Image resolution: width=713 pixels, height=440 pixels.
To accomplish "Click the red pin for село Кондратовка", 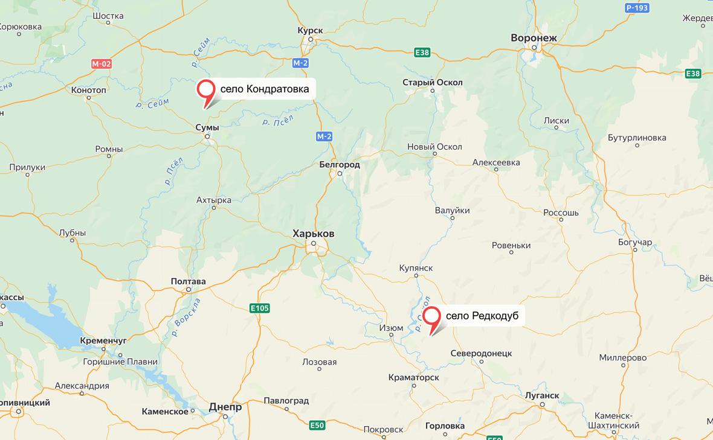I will (x=207, y=90).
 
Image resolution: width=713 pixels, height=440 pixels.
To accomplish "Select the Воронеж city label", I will (x=534, y=37).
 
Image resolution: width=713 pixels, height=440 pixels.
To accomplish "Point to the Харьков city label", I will (x=313, y=234).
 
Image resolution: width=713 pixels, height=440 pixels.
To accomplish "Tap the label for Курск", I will (x=311, y=30).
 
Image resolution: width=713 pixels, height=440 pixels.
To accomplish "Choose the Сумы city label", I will (x=207, y=127).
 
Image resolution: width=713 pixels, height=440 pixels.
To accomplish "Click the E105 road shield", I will (x=260, y=308).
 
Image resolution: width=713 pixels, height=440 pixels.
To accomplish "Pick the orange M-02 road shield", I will (x=102, y=63).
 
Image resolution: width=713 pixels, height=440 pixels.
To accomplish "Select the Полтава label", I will (x=188, y=281).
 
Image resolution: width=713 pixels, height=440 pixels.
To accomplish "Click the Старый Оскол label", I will (x=433, y=83).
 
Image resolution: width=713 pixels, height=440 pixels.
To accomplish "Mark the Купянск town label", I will (x=416, y=268).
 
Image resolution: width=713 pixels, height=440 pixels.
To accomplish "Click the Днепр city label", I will (x=225, y=407).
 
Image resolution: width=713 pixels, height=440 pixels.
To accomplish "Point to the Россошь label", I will (x=561, y=213).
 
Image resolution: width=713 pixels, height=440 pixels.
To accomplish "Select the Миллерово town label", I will (x=623, y=357).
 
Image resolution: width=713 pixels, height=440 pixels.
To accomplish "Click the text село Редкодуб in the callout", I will (x=482, y=316).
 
